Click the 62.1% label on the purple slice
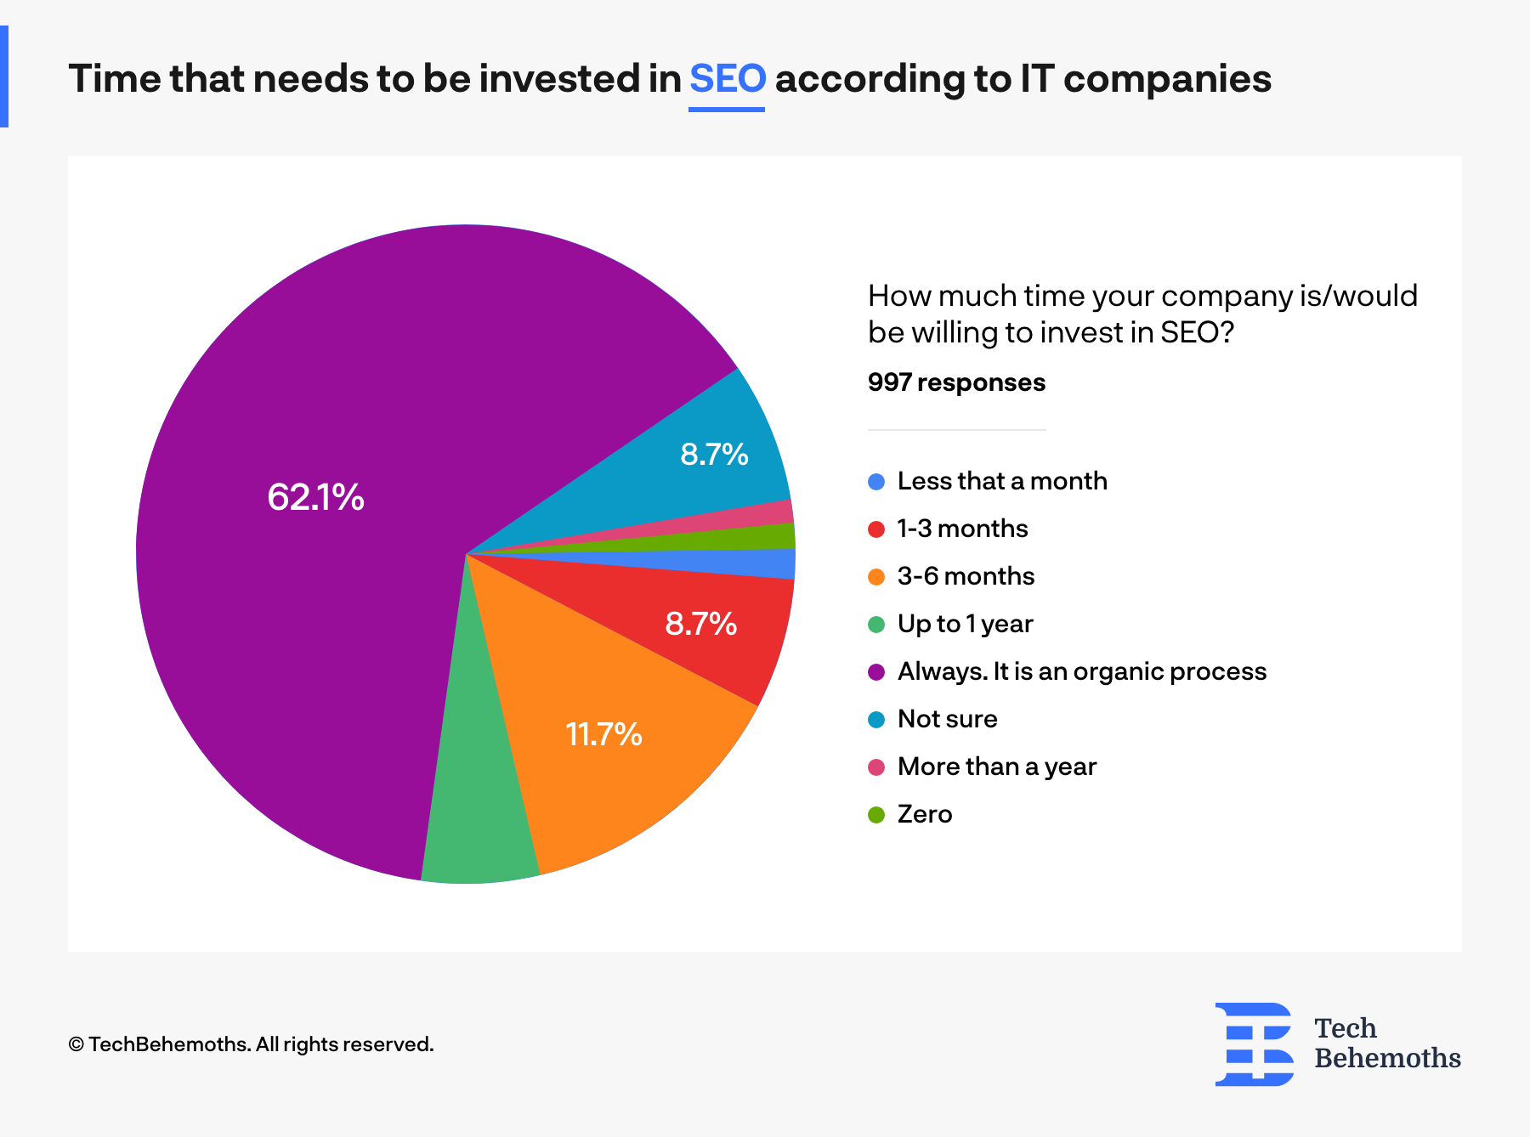click(x=315, y=497)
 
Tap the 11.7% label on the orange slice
click(x=603, y=734)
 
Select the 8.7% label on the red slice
click(x=700, y=624)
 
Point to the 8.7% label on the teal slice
click(x=714, y=455)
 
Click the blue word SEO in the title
click(x=727, y=79)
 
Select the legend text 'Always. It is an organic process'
click(x=1081, y=671)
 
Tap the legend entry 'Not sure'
click(x=947, y=719)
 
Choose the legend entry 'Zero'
click(x=924, y=814)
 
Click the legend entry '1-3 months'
click(x=962, y=529)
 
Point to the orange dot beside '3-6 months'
click(x=876, y=577)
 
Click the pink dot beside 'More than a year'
click(x=876, y=767)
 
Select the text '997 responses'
click(x=956, y=382)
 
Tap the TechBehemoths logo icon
click(x=1254, y=1044)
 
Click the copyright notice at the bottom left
click(x=251, y=1044)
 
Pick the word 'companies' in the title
click(x=1166, y=79)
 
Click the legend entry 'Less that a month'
click(x=1001, y=481)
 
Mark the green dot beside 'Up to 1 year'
click(x=876, y=625)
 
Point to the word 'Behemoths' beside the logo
click(x=1387, y=1058)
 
